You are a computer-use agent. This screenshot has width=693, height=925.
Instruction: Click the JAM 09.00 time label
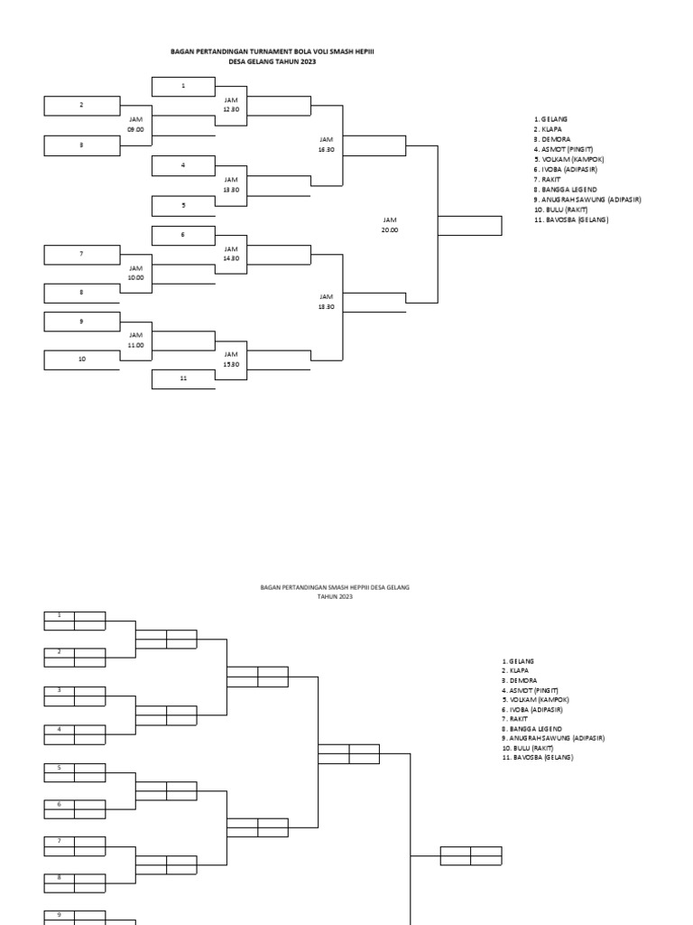pos(135,124)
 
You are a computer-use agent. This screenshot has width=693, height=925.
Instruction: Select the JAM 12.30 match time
pos(231,104)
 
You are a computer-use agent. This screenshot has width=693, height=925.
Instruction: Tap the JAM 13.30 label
pos(231,184)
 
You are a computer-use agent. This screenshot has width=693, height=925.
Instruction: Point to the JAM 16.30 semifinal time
pos(326,145)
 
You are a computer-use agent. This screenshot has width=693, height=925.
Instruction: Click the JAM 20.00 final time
pos(389,225)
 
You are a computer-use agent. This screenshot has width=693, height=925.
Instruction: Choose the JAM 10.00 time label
pos(135,273)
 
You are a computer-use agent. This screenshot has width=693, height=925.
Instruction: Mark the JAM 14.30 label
pos(231,253)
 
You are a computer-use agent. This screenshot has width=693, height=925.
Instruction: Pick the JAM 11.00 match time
pos(135,340)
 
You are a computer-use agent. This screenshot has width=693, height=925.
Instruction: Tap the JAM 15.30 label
pos(231,359)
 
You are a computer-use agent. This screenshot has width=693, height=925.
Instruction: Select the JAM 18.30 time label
pos(326,301)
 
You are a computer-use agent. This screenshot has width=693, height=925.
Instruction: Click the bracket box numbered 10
pos(82,360)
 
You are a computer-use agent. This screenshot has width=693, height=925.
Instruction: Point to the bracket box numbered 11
pos(183,378)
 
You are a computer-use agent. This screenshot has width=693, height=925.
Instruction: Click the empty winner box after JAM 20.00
pos(469,225)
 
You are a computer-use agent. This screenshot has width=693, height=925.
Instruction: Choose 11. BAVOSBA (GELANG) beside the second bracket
pos(538,758)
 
